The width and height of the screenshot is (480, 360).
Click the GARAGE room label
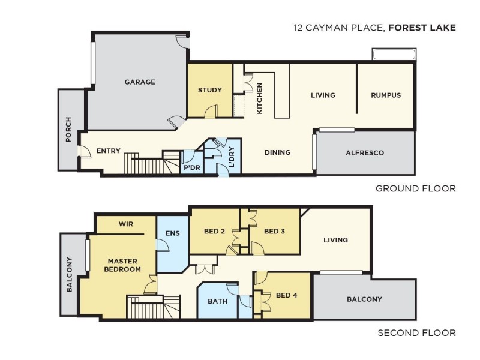pos(140,82)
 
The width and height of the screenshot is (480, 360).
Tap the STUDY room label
pos(210,91)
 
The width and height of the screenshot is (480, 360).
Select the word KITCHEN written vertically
pos(259,99)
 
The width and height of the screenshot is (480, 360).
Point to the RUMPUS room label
pos(385,95)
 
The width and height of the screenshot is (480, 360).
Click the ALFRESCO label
pos(365,153)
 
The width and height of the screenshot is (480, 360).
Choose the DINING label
pos(277,152)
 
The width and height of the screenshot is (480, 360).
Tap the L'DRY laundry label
pos(233,157)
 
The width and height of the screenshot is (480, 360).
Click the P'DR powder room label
pos(191,167)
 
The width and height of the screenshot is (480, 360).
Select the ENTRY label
pos(108,151)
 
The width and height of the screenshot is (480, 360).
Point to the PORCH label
pos(68,130)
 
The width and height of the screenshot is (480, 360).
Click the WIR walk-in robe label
pos(125,224)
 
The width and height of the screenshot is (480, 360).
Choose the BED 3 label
pos(274,232)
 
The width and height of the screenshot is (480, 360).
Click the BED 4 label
pos(287,295)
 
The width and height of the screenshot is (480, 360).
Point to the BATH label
pos(217,301)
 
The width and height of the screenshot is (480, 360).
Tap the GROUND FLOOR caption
pos(415,188)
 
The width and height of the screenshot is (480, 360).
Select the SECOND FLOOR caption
pos(416,333)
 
